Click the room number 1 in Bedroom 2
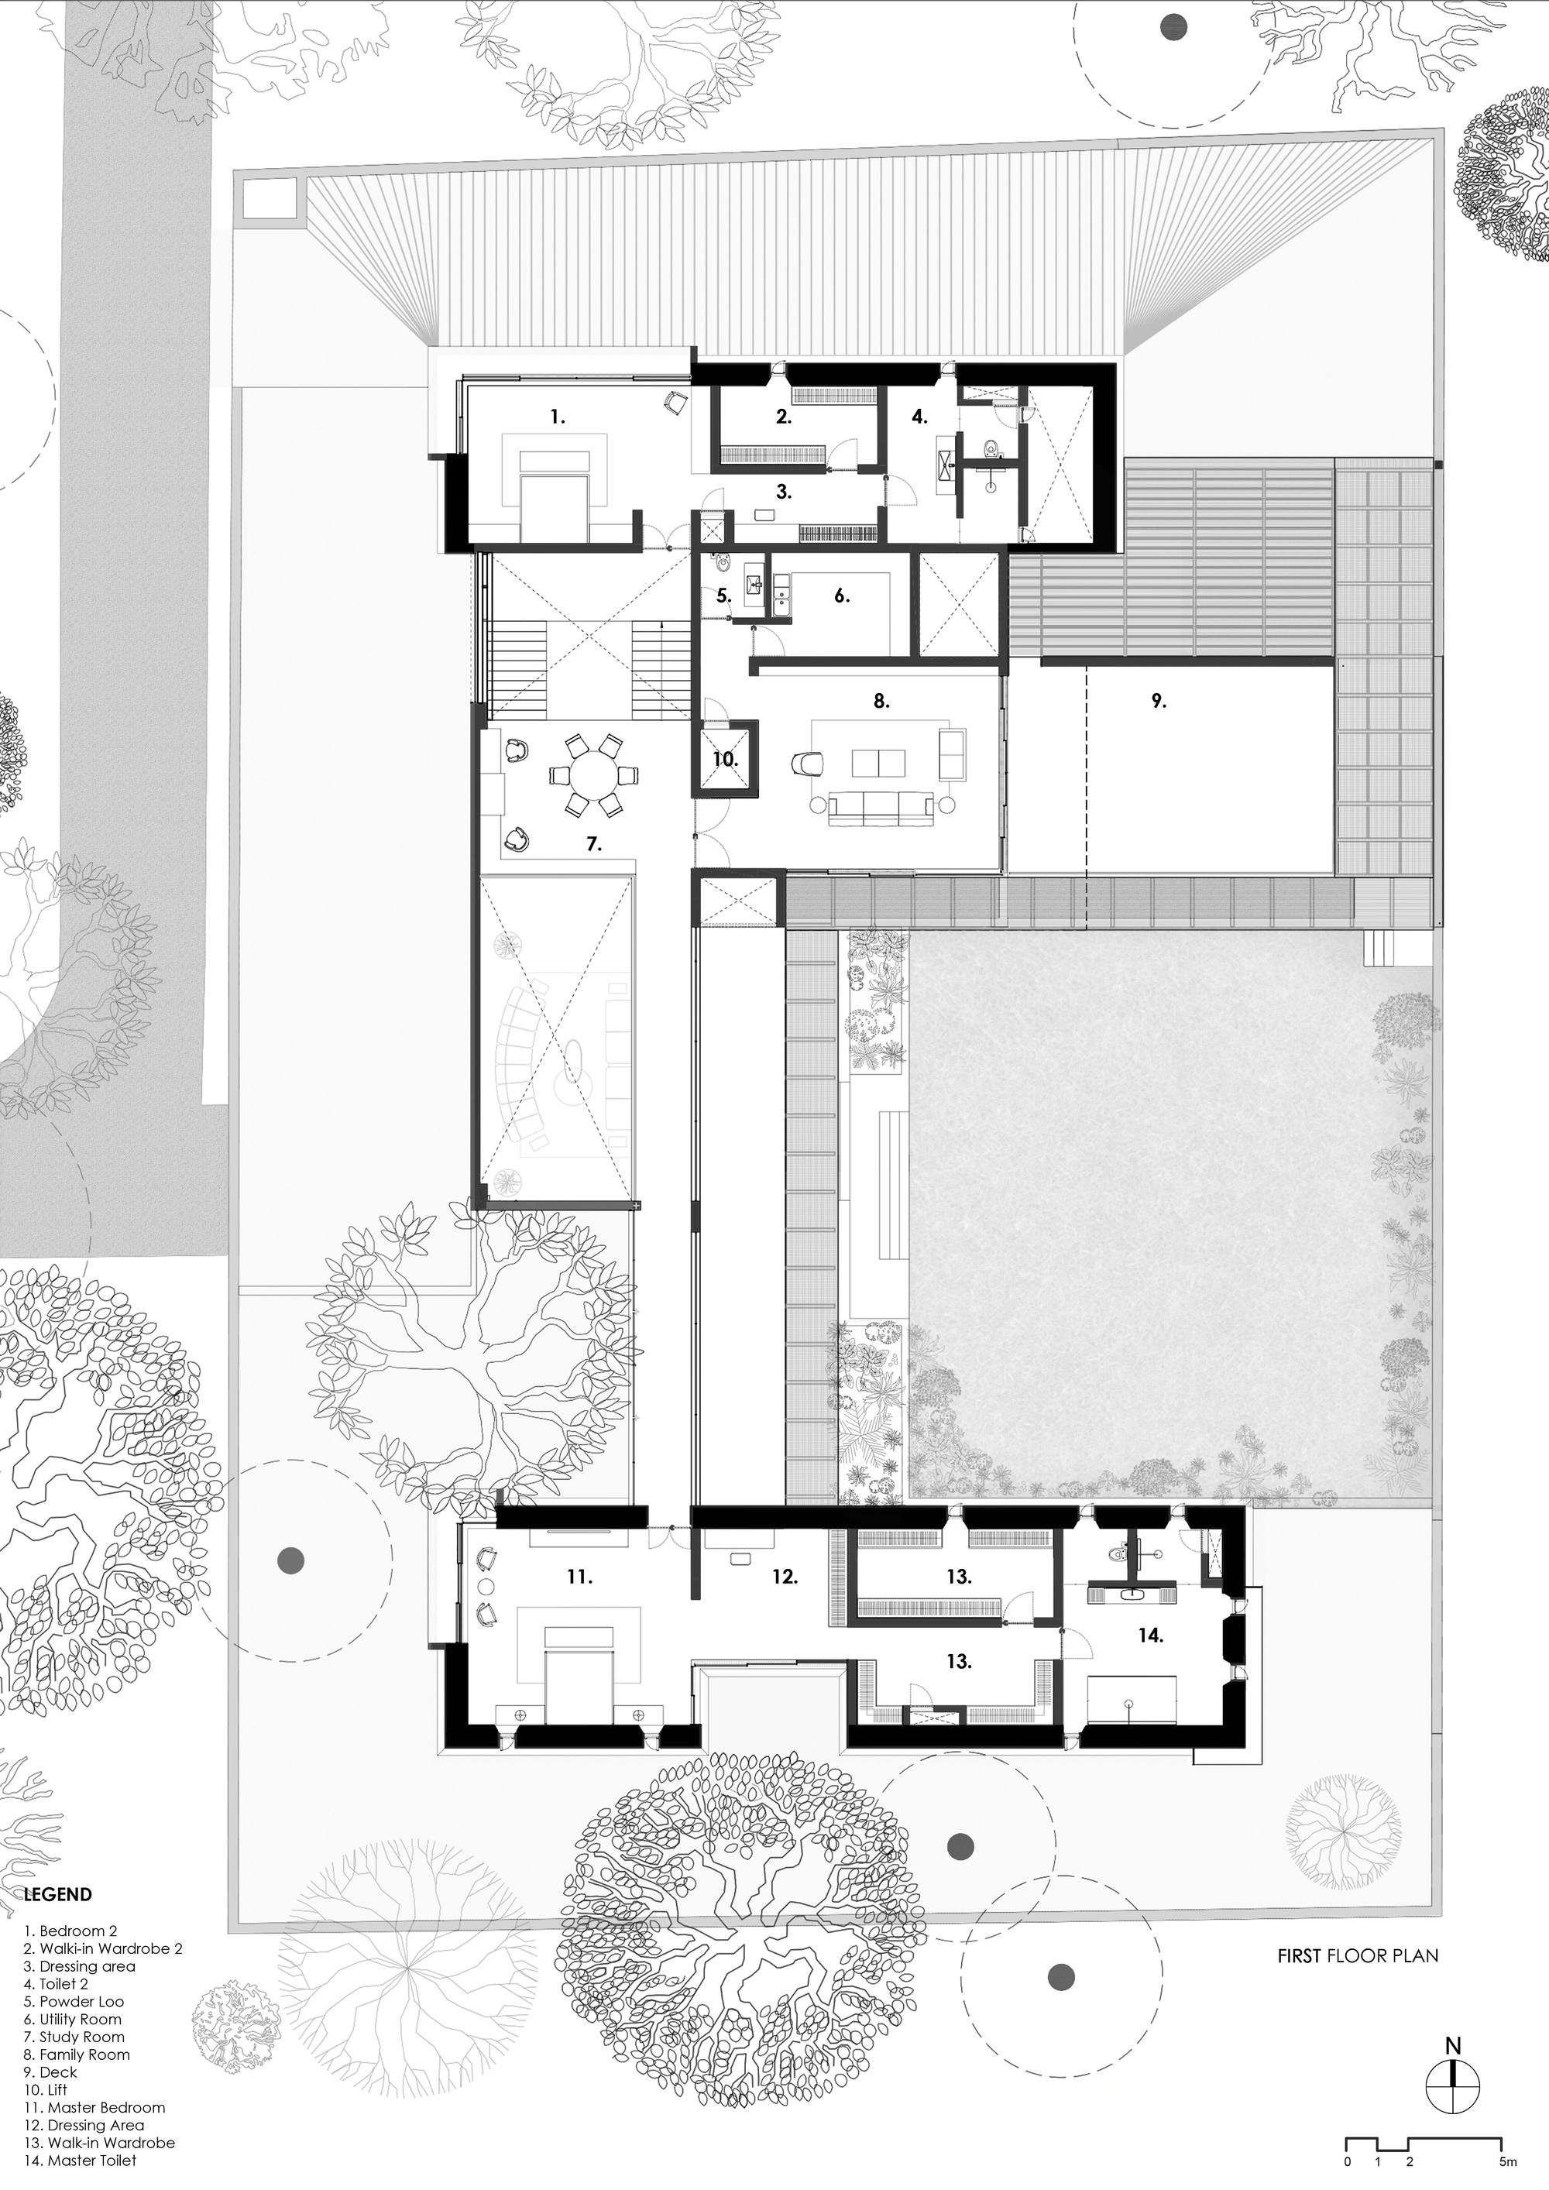[557, 417]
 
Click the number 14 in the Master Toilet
[1150, 1635]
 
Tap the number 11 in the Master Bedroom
[579, 1577]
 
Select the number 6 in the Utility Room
[841, 596]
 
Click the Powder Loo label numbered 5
[724, 596]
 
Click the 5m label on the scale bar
[1508, 2181]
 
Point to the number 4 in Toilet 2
[919, 417]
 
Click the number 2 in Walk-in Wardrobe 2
[783, 417]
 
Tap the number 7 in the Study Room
[592, 844]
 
